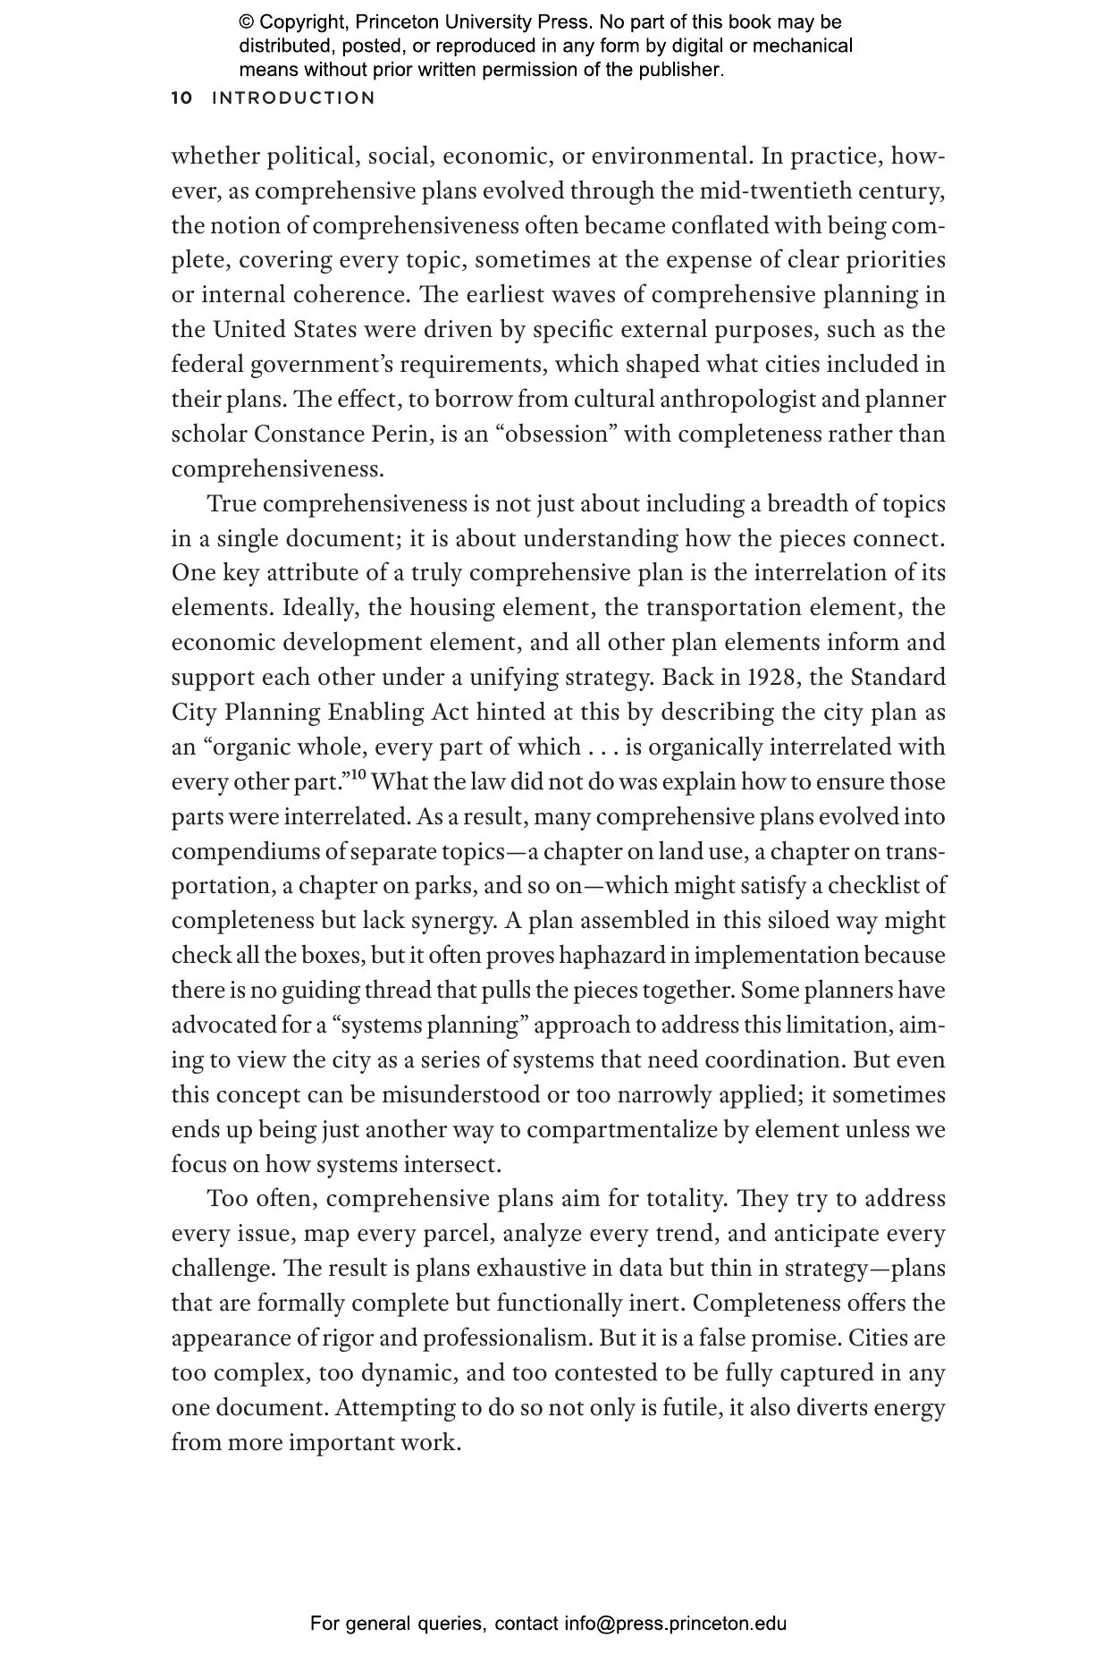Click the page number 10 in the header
181,98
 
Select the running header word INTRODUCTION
294,98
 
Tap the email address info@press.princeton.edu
675,1623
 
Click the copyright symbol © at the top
246,22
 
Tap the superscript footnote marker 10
358,775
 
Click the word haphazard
611,956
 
